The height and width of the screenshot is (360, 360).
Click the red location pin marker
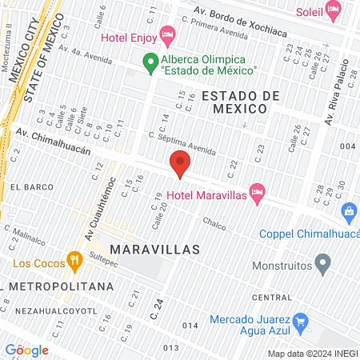[180, 164]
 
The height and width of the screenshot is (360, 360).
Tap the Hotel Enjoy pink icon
[166, 34]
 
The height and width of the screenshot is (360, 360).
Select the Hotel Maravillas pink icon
[257, 192]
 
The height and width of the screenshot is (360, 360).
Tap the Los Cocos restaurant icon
[74, 259]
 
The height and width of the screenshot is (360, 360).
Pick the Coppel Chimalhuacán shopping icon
[349, 212]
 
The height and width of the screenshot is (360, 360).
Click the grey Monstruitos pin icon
[322, 262]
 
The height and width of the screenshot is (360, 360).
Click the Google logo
[26, 350]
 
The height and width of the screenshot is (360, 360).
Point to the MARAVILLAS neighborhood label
[154, 250]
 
